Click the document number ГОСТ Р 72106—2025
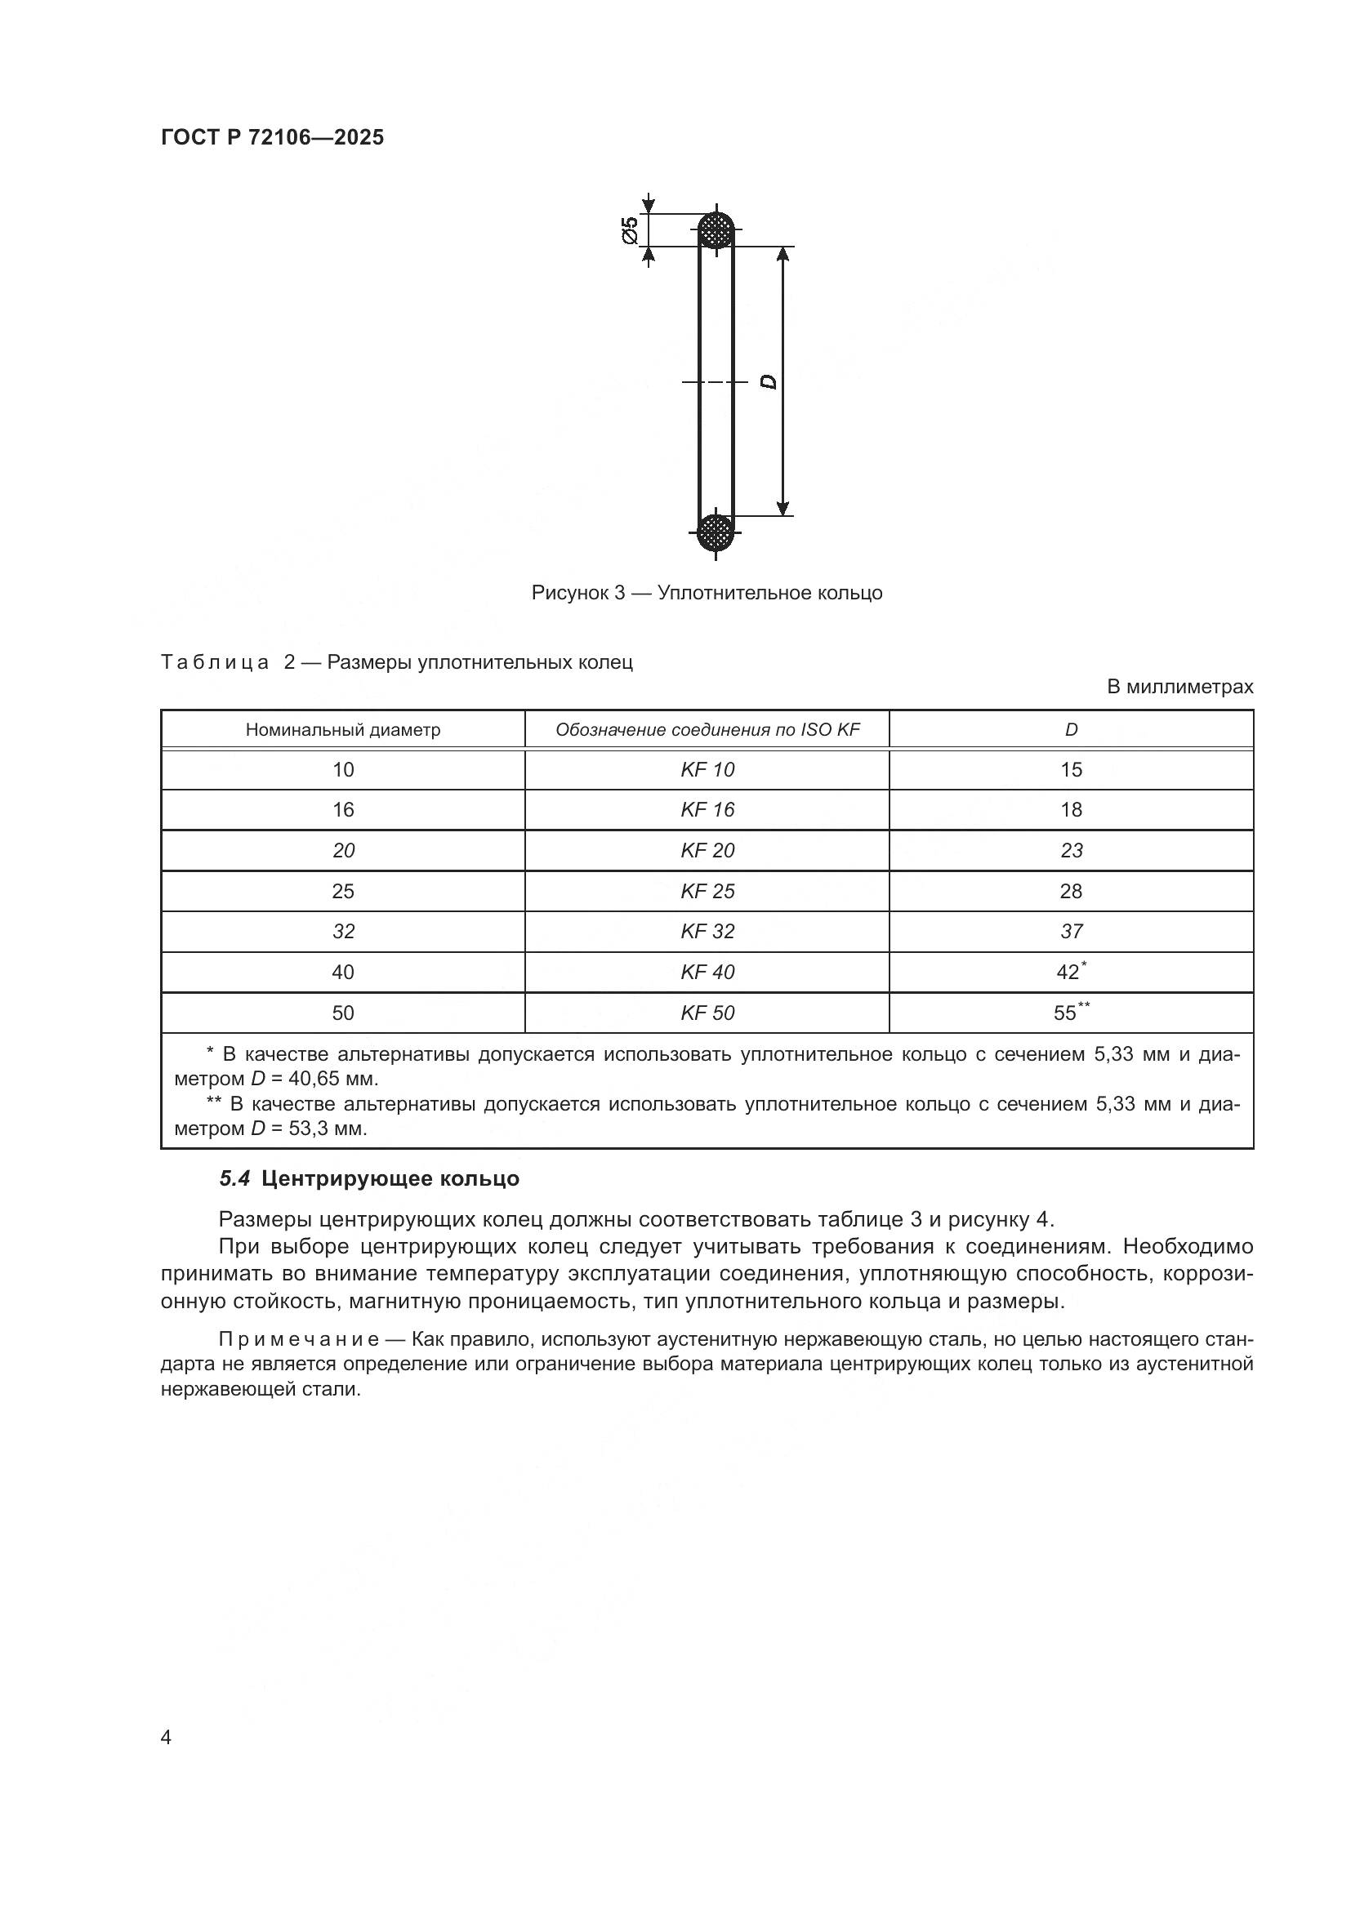[x=272, y=137]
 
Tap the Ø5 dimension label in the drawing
[x=630, y=229]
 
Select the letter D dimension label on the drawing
[x=769, y=382]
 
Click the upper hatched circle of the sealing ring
[x=716, y=229]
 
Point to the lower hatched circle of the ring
[x=715, y=532]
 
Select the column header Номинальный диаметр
[x=343, y=730]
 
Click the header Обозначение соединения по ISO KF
[x=707, y=730]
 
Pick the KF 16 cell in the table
[x=707, y=809]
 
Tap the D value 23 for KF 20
[x=1071, y=850]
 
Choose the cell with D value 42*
[x=1071, y=972]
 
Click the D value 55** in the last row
[x=1071, y=1013]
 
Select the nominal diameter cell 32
[x=343, y=932]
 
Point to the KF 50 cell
[x=707, y=1013]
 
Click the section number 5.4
[x=234, y=1179]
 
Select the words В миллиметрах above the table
[x=1179, y=687]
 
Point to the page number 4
[x=166, y=1737]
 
